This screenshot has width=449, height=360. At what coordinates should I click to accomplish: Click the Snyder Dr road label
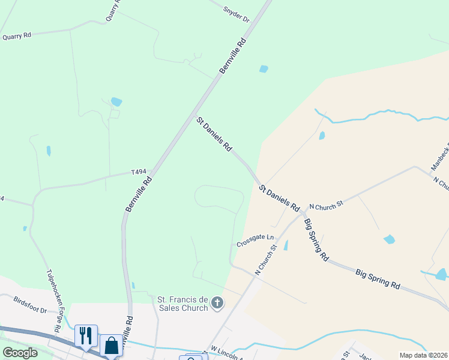point(236,14)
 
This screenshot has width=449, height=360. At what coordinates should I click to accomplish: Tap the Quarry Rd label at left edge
point(16,36)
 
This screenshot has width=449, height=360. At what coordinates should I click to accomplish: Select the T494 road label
point(139,172)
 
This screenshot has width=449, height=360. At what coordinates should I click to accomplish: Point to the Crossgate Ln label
point(255,241)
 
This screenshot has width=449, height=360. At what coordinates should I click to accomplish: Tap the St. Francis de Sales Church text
point(182,304)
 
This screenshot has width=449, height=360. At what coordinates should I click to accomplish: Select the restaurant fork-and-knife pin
point(86,335)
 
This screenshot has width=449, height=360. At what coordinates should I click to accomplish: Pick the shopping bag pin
point(111,345)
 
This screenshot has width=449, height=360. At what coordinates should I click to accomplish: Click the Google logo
point(20,353)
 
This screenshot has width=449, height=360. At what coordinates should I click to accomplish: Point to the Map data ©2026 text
point(423,355)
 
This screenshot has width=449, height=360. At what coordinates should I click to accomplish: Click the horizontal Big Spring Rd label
point(378,278)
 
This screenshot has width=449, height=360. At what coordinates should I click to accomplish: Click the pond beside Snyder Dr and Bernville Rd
point(264,69)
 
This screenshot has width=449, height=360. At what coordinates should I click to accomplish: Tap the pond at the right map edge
point(442,274)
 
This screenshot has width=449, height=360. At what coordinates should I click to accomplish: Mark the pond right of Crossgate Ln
point(286,245)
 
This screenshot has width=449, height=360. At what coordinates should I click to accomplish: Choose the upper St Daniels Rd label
point(214,134)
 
